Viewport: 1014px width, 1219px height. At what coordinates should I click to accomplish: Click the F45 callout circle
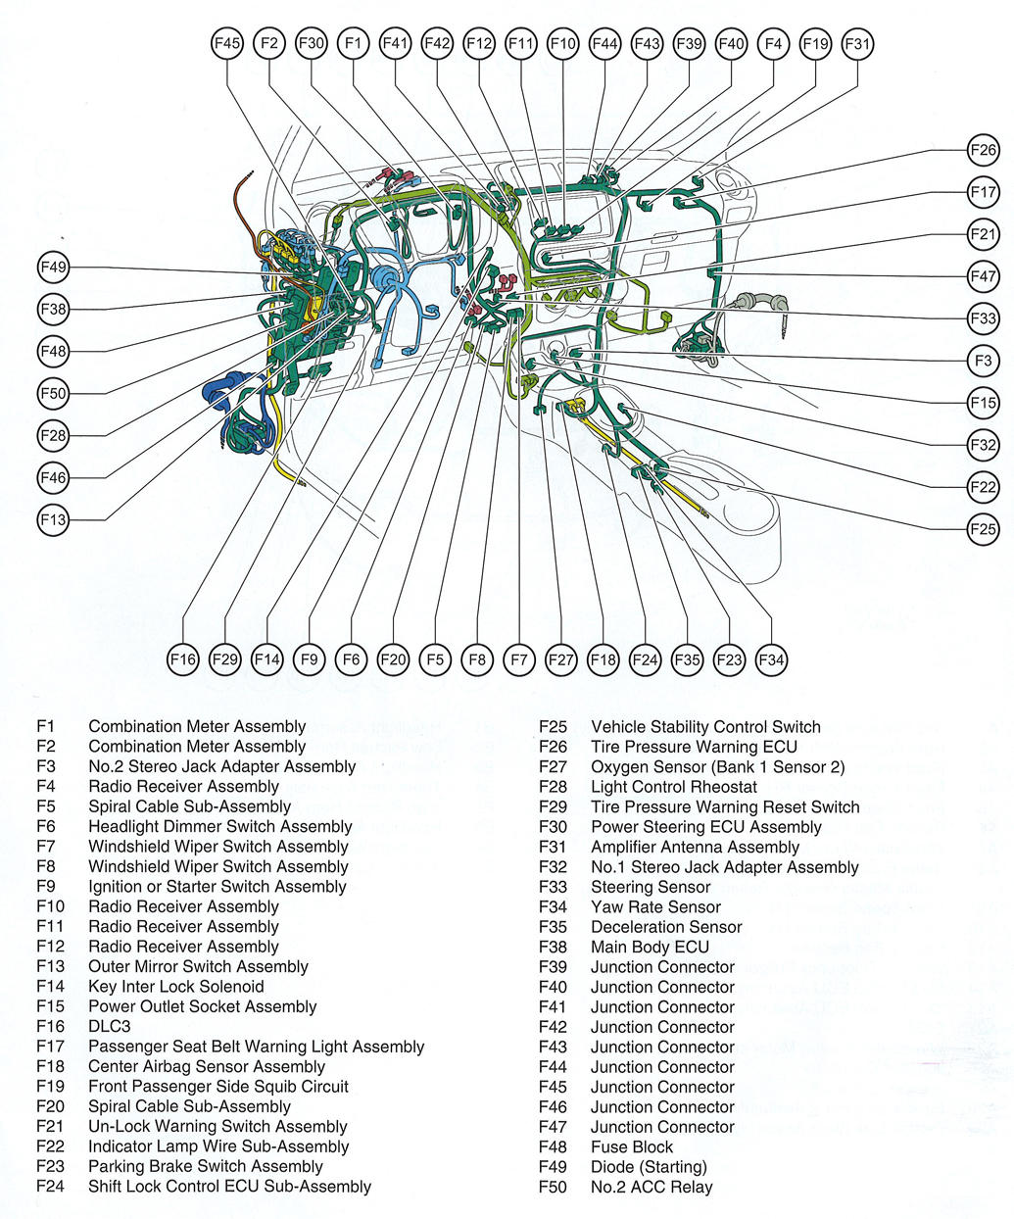[227, 43]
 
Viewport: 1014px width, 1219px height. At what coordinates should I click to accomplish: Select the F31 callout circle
[857, 43]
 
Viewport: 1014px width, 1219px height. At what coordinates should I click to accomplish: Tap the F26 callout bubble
[983, 150]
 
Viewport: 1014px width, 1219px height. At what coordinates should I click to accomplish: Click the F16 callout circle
[183, 659]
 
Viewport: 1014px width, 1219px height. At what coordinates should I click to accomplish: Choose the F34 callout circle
[772, 659]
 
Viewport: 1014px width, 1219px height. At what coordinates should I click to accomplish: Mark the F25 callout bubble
[983, 529]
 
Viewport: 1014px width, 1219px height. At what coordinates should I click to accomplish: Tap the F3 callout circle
[983, 361]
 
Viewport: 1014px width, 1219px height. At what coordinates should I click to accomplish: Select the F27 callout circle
[561, 659]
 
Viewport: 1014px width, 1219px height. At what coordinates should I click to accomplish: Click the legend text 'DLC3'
[109, 1026]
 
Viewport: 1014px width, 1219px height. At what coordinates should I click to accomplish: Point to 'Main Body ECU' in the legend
[650, 947]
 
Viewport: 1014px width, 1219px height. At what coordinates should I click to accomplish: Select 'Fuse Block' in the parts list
[632, 1146]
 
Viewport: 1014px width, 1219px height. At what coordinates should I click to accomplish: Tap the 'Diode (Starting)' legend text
[649, 1166]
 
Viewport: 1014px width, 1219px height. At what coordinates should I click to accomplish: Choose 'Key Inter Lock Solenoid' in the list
[176, 986]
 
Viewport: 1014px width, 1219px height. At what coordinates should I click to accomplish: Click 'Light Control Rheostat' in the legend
[674, 786]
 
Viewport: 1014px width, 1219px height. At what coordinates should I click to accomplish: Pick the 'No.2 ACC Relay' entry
[652, 1187]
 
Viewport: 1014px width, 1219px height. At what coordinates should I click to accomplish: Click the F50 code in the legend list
[553, 1187]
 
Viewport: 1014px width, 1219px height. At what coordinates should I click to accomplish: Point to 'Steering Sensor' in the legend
[651, 886]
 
